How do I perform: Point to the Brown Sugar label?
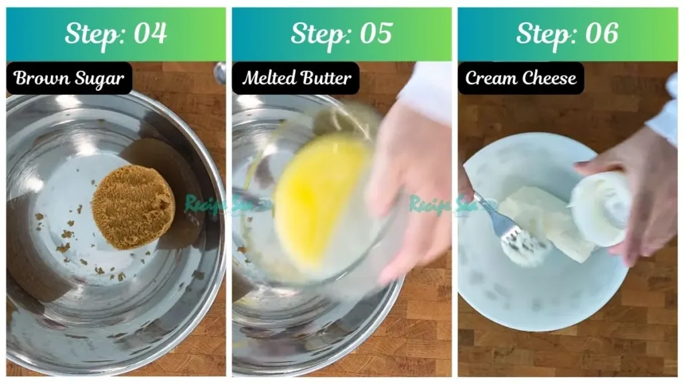point(69,78)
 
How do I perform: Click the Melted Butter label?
point(296,78)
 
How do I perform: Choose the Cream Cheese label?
point(521,78)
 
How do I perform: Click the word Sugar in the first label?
point(98,78)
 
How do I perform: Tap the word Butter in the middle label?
point(325,78)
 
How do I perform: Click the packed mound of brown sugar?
point(133,207)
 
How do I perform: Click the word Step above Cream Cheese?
point(542,33)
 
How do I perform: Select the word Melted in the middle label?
point(267,78)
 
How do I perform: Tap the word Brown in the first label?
point(41,78)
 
